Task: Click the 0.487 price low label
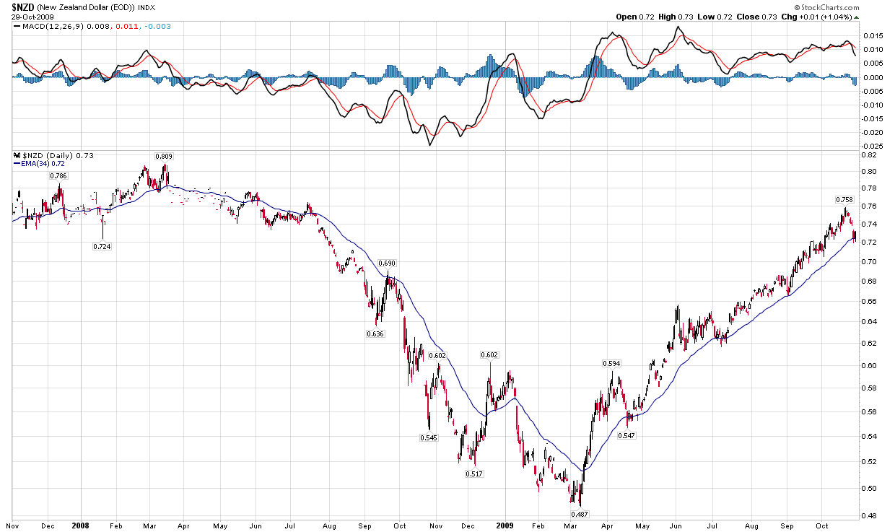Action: pos(580,513)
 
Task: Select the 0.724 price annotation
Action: pos(102,246)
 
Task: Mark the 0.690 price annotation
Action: pos(388,263)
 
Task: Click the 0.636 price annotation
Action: pos(375,333)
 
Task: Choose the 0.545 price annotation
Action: pos(429,437)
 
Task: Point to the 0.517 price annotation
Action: pos(474,474)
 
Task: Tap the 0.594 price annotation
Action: pos(611,364)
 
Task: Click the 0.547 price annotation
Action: pos(626,435)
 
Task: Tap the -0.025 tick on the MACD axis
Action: pos(873,146)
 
